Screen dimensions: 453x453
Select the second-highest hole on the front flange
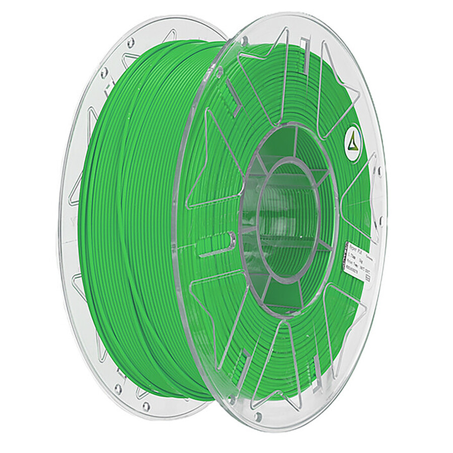coord(219,74)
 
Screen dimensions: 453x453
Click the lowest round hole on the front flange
coord(258,417)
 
